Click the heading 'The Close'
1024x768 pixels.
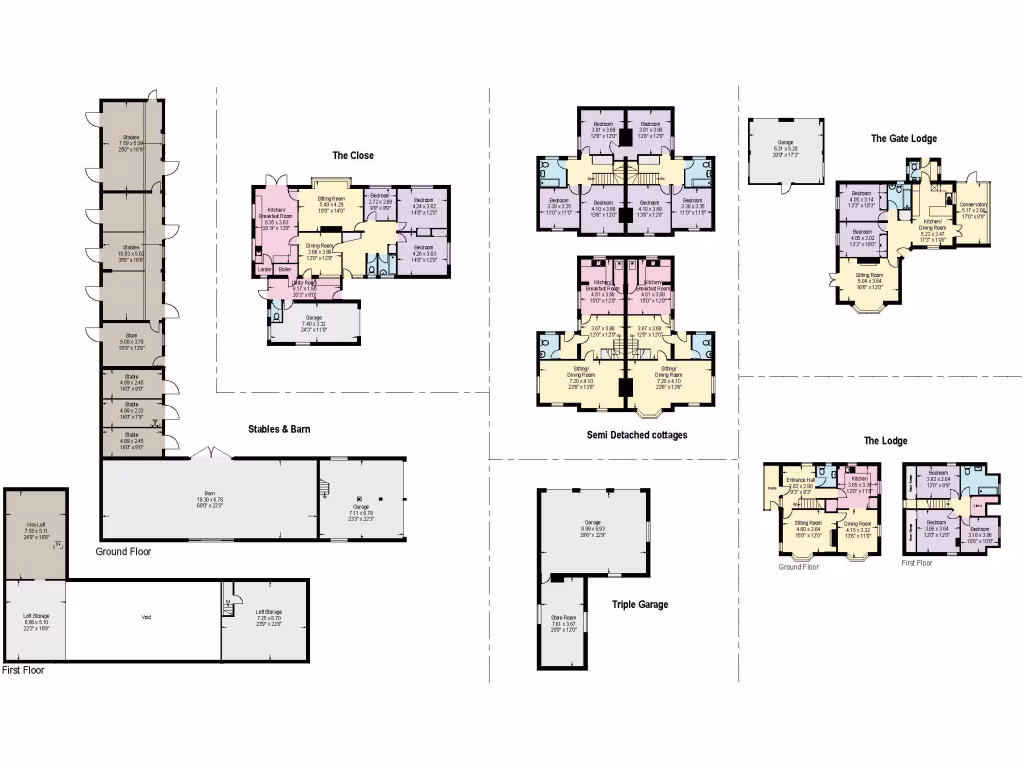click(353, 155)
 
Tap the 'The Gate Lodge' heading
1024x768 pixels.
click(903, 138)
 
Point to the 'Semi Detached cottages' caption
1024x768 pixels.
click(637, 435)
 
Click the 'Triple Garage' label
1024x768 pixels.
click(639, 604)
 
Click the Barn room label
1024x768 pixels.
click(210, 497)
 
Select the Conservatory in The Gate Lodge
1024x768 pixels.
click(972, 210)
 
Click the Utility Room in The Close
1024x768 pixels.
click(304, 286)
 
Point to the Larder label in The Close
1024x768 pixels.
click(265, 269)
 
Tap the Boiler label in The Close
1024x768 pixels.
click(285, 269)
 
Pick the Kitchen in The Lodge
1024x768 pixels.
click(859, 482)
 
